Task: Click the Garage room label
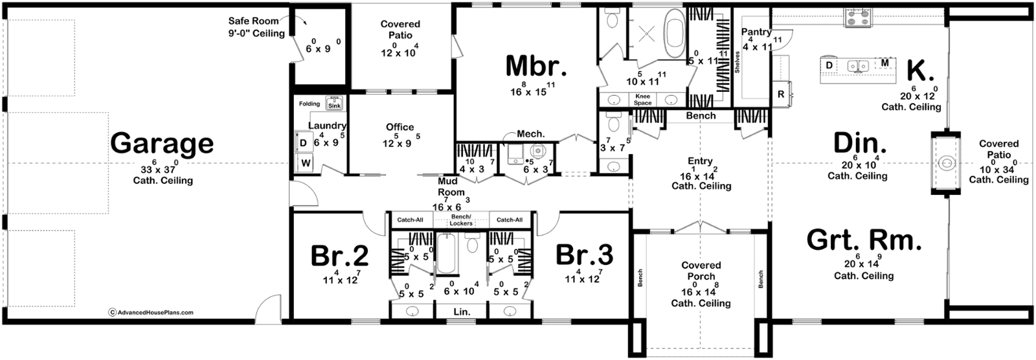point(162,144)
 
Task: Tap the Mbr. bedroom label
point(536,65)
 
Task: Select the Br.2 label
point(339,255)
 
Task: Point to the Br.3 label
point(585,255)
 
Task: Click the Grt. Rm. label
point(864,241)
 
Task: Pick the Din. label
point(860,144)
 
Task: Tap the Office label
point(400,127)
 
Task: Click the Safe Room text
point(253,21)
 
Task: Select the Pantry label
point(756,32)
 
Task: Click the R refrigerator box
point(781,95)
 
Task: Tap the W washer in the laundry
point(306,163)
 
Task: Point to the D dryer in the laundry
point(304,143)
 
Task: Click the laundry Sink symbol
point(334,103)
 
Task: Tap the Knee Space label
point(643,100)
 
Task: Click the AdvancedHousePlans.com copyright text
point(151,312)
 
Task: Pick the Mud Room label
point(451,186)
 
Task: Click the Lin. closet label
point(462,312)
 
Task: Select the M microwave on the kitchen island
point(884,62)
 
